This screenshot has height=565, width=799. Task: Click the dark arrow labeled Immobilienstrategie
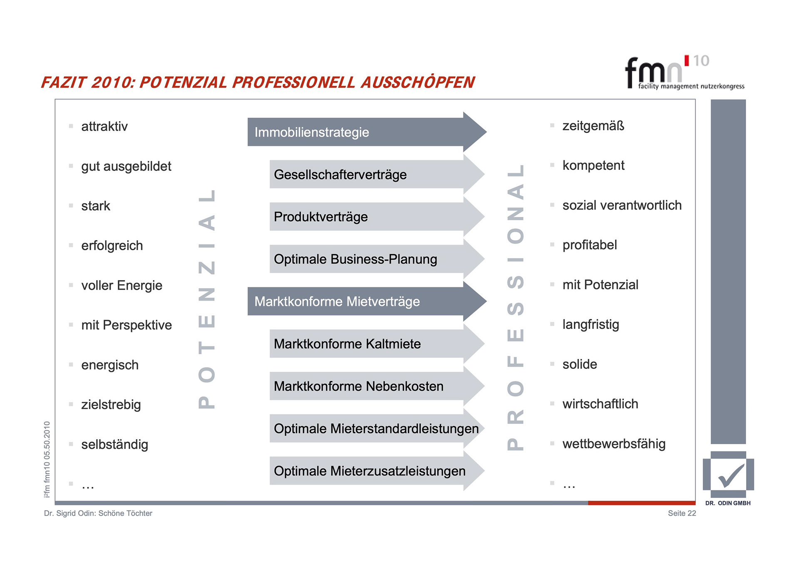tap(358, 132)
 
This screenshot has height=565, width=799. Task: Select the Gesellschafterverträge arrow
tap(366, 174)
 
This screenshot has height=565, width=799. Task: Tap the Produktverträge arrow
tap(366, 217)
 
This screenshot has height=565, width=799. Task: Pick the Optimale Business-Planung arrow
tap(366, 259)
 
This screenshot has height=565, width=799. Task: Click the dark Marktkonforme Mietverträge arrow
tap(358, 301)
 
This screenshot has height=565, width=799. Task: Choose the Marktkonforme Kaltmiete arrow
tap(366, 343)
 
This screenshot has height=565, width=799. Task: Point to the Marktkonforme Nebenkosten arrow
tap(366, 386)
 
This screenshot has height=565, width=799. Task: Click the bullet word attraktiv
tap(104, 126)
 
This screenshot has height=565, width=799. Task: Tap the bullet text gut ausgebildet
tap(126, 166)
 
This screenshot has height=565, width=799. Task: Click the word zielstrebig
tap(111, 404)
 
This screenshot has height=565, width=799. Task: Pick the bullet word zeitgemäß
tap(593, 126)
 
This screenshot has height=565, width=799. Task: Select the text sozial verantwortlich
tap(622, 205)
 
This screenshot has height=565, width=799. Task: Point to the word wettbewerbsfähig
tap(614, 444)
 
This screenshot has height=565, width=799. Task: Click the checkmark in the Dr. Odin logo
tap(731, 475)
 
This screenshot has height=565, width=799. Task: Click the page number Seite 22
tap(682, 513)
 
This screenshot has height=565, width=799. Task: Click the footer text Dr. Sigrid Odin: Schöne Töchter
tap(98, 513)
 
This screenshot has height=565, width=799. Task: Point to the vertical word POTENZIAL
tap(207, 299)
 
